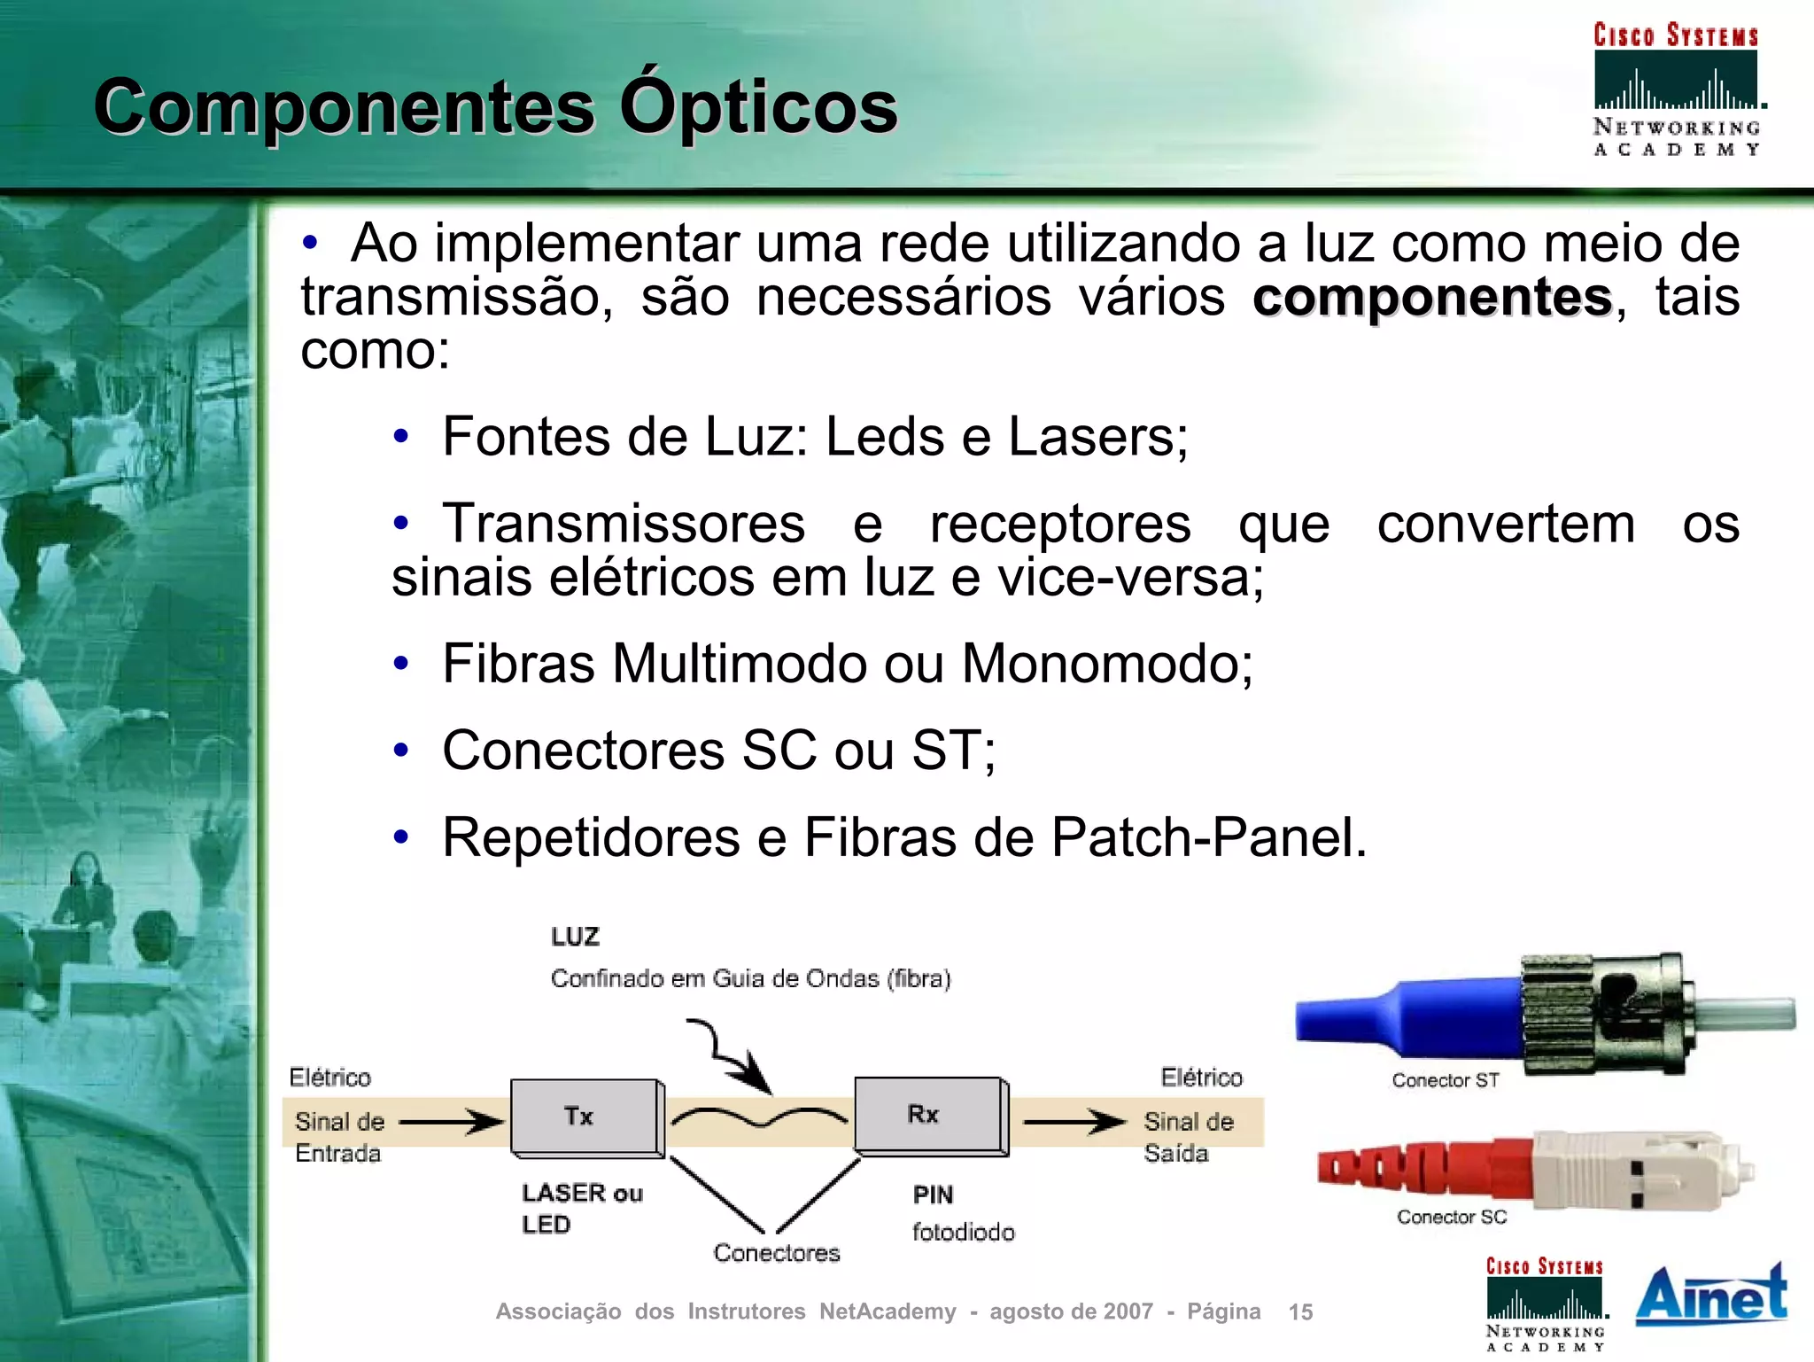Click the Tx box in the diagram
point(585,1117)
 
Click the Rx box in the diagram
point(928,1115)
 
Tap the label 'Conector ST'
point(1445,1080)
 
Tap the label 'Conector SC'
point(1451,1217)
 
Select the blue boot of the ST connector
point(1408,1018)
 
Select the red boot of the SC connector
point(1417,1167)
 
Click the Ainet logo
point(1710,1295)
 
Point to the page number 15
point(1300,1311)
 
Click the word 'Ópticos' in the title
point(758,106)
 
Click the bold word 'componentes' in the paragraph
point(1431,297)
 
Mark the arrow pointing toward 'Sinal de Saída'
point(1074,1122)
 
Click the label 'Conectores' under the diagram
point(776,1252)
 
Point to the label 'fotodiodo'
point(963,1232)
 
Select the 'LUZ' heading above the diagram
point(575,937)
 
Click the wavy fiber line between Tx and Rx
point(758,1118)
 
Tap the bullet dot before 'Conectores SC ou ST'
point(401,751)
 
